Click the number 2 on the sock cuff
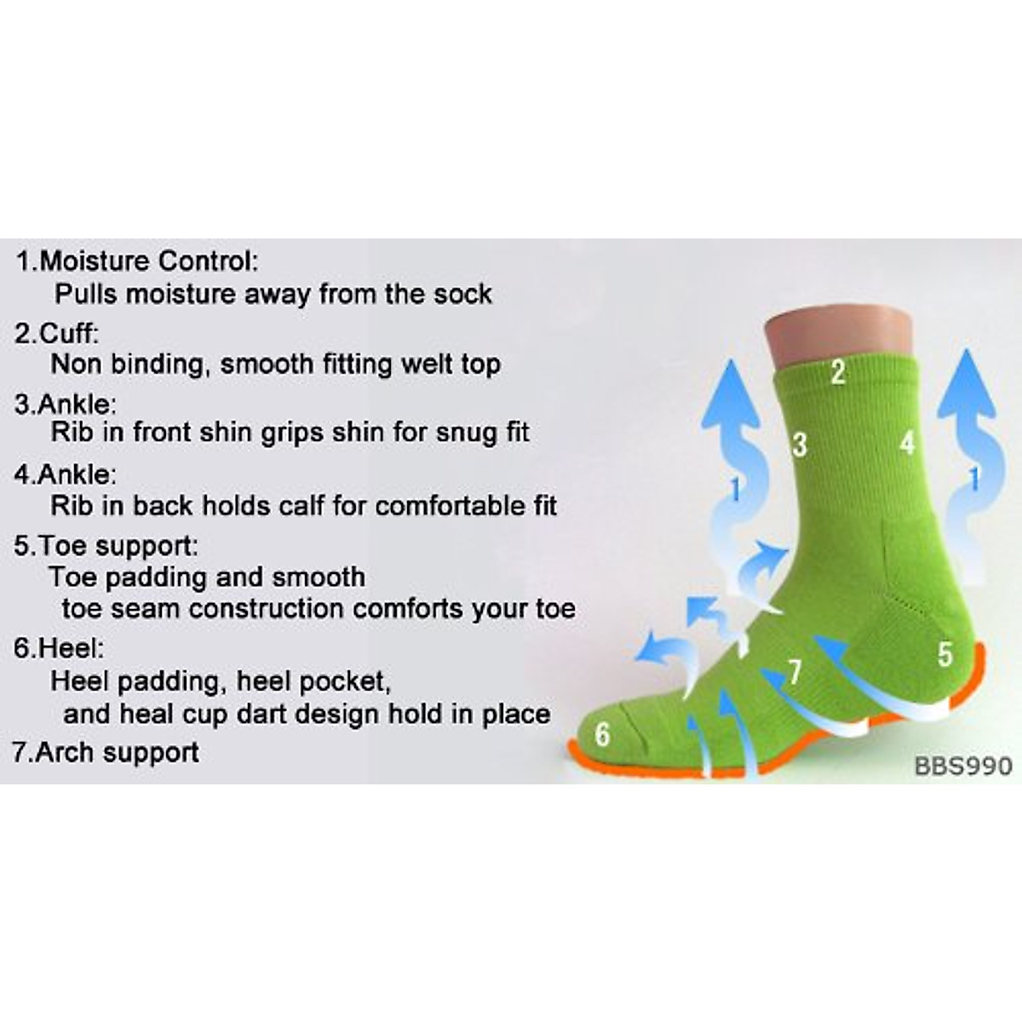pyautogui.click(x=838, y=372)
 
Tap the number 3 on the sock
pyautogui.click(x=799, y=444)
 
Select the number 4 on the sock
pyautogui.click(x=907, y=443)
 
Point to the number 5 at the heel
pyautogui.click(x=945, y=654)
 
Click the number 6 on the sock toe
pyautogui.click(x=602, y=733)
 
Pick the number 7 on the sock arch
pyautogui.click(x=795, y=672)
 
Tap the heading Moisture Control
pyautogui.click(x=148, y=261)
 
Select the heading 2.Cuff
pyautogui.click(x=56, y=333)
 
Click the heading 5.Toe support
pyautogui.click(x=106, y=545)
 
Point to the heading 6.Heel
pyautogui.click(x=59, y=648)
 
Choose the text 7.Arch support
pyautogui.click(x=106, y=752)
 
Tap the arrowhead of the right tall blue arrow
pyautogui.click(x=967, y=383)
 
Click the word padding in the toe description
pyautogui.click(x=148, y=577)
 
